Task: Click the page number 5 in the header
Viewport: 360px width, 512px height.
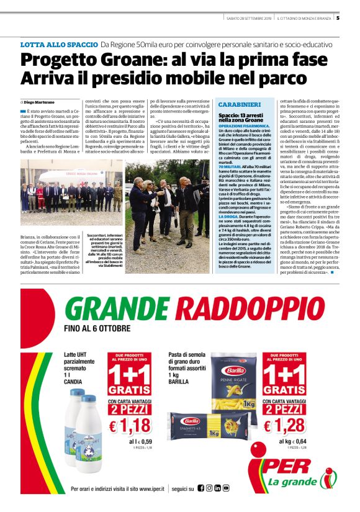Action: [338, 17]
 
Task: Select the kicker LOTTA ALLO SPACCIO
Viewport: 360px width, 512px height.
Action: [59, 45]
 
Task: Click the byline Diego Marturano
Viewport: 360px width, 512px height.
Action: [38, 101]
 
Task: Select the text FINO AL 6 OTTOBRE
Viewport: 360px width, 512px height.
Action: [97, 328]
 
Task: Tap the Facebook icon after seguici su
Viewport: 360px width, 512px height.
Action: [201, 488]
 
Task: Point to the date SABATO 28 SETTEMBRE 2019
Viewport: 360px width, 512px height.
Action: [248, 17]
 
